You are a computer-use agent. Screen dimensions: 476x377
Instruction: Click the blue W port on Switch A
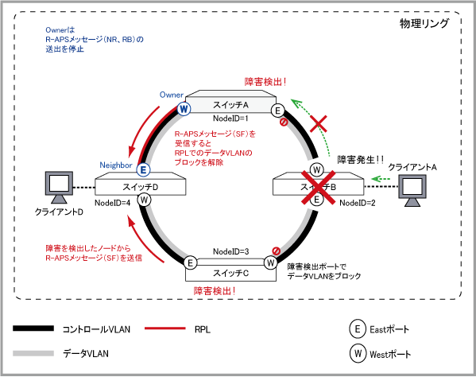click(184, 109)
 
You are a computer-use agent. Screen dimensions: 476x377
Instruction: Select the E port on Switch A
click(277, 111)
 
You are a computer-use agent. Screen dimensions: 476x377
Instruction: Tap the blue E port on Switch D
click(143, 170)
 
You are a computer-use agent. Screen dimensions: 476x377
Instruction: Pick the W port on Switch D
click(144, 200)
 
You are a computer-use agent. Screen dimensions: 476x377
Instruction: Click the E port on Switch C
click(191, 262)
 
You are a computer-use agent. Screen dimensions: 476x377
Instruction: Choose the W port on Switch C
click(270, 262)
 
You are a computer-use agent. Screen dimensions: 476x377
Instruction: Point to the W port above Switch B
click(316, 170)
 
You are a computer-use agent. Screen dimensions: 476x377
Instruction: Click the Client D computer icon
click(59, 188)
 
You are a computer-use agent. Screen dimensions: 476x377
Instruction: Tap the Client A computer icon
click(412, 191)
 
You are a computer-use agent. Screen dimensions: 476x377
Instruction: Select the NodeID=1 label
click(230, 119)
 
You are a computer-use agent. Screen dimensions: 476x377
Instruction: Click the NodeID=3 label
click(230, 251)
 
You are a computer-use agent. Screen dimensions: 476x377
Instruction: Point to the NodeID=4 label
click(112, 203)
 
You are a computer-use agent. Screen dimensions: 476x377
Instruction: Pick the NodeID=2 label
click(358, 203)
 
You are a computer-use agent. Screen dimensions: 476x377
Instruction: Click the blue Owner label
click(172, 95)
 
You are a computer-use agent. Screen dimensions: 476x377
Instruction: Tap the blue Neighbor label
click(116, 165)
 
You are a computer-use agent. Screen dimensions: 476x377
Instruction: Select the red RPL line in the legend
click(164, 328)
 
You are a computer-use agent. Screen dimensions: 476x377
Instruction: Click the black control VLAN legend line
click(33, 328)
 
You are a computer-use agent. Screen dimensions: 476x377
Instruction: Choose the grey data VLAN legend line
click(33, 353)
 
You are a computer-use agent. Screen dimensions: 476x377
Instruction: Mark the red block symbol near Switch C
click(276, 251)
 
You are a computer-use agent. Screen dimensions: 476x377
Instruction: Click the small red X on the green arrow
click(319, 123)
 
